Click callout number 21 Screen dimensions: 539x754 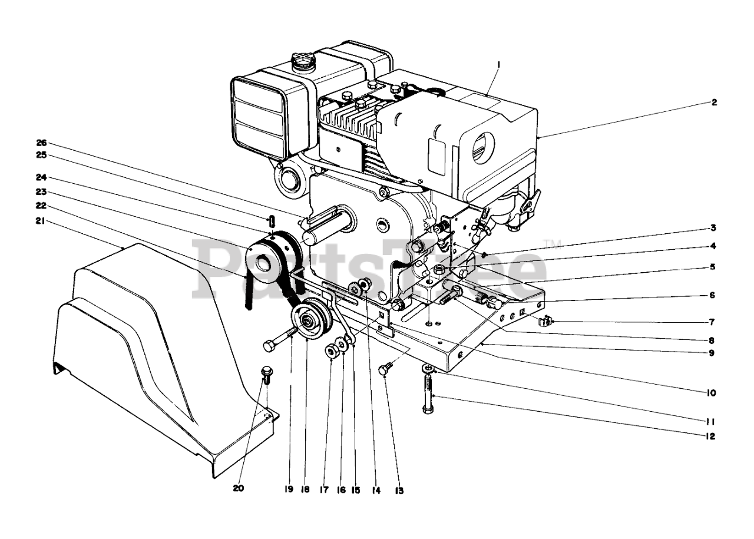[40, 222]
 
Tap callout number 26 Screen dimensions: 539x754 [41, 143]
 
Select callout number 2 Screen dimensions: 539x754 [714, 102]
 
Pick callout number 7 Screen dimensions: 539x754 [712, 322]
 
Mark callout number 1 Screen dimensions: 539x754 [498, 63]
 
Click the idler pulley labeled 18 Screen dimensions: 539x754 [309, 322]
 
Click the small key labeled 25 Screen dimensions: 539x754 [273, 222]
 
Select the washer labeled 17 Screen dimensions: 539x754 [330, 352]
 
